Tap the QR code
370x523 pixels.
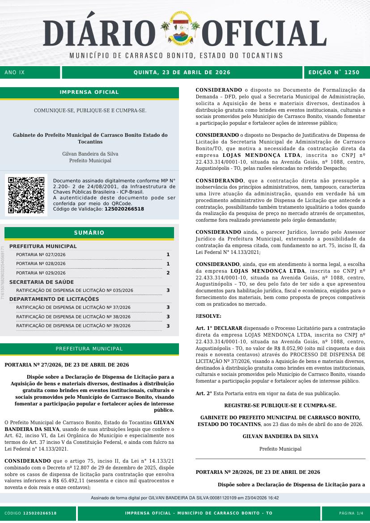pos(26,195)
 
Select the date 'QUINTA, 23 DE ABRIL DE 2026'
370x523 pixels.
pos(182,72)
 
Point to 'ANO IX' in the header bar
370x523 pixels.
pos(15,72)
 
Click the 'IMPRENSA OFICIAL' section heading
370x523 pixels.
pos(89,93)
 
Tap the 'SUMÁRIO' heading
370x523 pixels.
pos(89,233)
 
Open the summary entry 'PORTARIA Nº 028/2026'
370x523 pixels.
pos(41,264)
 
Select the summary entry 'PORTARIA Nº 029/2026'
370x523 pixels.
pos(41,273)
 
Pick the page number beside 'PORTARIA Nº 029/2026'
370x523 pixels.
pos(168,273)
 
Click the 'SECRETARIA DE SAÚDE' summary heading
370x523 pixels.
pos(42,282)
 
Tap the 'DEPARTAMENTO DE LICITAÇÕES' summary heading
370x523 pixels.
pos(54,299)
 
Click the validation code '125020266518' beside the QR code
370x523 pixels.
pos(124,209)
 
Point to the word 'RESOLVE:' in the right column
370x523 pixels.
pos(208,316)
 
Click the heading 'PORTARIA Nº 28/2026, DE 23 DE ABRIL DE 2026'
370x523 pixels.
pos(258,472)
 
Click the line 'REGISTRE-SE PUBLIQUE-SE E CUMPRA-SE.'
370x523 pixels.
pos(280,405)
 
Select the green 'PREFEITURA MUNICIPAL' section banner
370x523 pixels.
pos(89,349)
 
